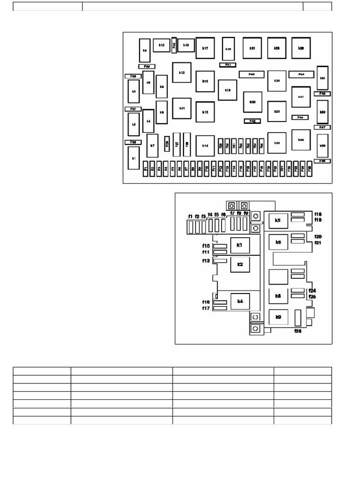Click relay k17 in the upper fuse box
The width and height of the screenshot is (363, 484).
point(205,48)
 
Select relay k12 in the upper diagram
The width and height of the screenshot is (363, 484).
point(181,73)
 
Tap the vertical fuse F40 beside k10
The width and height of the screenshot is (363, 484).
point(174,45)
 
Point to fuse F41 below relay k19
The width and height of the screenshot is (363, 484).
point(227,64)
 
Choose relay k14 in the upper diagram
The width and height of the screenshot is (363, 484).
point(205,146)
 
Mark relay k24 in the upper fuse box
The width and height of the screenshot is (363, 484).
point(277,81)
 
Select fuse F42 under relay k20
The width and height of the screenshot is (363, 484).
point(252,121)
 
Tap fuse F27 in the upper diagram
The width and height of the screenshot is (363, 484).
point(177,144)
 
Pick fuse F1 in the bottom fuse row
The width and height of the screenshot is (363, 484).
point(146,168)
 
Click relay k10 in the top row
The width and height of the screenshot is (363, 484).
point(161,45)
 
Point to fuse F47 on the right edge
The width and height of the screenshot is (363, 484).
point(322,127)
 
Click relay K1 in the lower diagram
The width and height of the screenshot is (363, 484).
point(240,245)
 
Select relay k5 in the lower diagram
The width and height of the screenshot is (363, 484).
point(277,221)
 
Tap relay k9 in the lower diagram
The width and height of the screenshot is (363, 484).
point(278,317)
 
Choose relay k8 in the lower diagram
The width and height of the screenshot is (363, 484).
point(278,296)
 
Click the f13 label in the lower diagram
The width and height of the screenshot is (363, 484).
point(206,261)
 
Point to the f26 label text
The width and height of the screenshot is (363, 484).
point(298,331)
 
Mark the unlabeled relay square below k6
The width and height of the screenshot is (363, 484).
point(278,277)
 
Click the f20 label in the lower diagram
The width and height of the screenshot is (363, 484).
point(318,236)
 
